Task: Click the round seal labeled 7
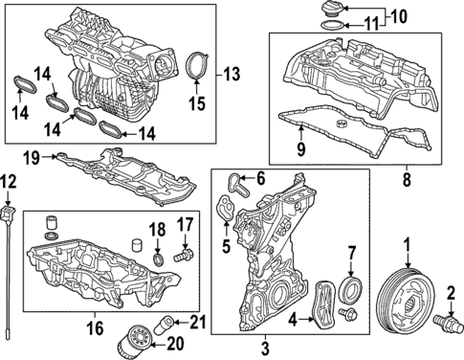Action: [x=352, y=290]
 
